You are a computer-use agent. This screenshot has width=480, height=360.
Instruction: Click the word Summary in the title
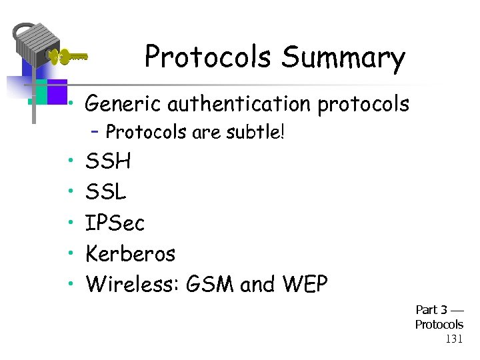(343, 57)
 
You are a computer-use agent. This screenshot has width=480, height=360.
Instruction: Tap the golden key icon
(68, 56)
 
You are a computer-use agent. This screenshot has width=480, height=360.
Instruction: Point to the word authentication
(240, 104)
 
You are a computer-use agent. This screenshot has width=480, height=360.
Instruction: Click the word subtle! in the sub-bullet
(257, 132)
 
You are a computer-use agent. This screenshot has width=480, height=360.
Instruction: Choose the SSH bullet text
(109, 162)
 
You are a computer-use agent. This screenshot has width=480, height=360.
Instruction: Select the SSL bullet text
(106, 193)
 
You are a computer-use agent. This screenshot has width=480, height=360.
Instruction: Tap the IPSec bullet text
(115, 223)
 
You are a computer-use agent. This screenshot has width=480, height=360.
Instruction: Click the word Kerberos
(131, 254)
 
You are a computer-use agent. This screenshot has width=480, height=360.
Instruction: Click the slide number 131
(454, 339)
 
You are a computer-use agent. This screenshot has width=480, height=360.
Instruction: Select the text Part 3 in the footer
(431, 310)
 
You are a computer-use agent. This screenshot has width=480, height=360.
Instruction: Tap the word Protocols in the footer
(439, 325)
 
